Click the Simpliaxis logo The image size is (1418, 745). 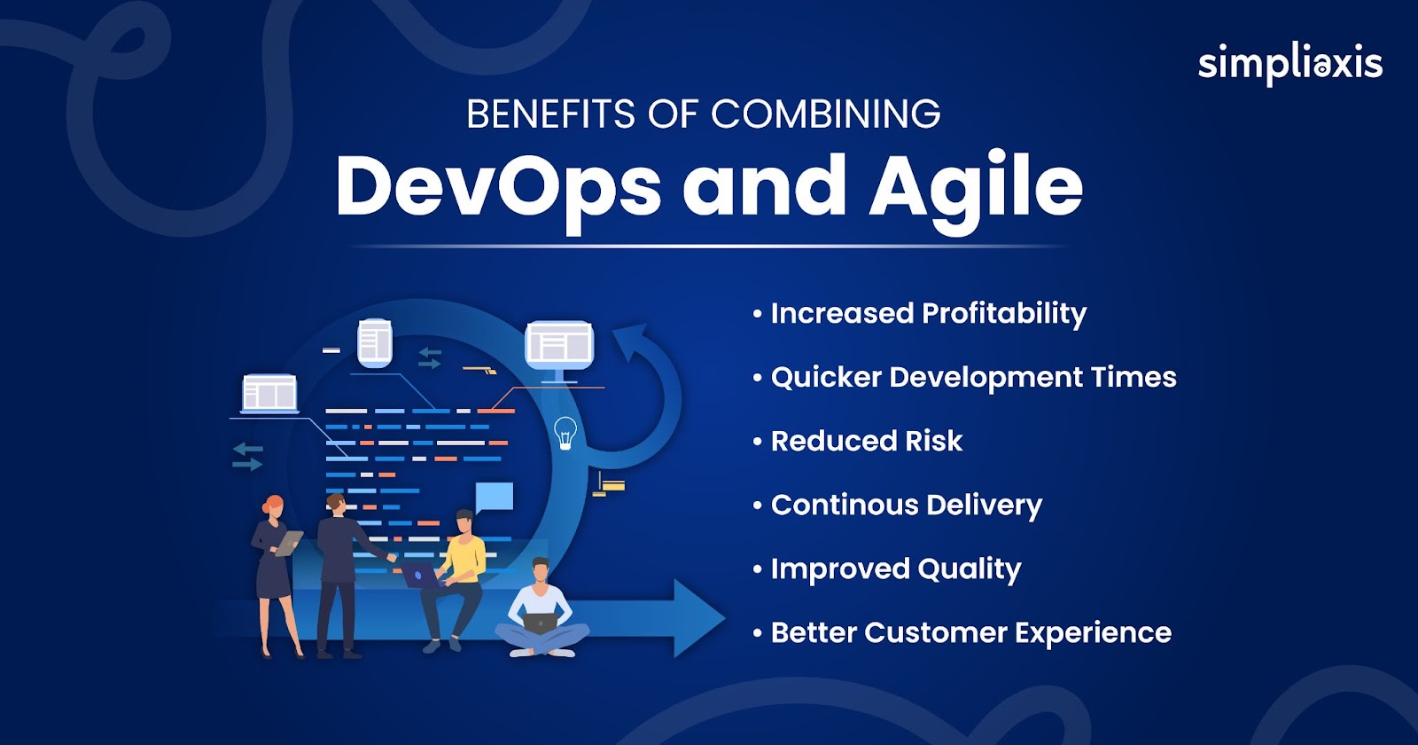click(1290, 64)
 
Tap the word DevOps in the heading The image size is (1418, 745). click(499, 187)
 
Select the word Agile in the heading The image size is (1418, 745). click(976, 187)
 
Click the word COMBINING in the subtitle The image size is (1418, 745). click(825, 114)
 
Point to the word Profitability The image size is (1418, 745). click(1004, 314)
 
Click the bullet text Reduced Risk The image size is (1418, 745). click(867, 441)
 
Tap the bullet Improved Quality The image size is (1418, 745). click(896, 569)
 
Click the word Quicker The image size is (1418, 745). click(826, 378)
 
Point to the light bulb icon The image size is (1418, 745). click(565, 434)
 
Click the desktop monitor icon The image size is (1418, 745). click(559, 351)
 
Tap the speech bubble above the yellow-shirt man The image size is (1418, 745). click(494, 498)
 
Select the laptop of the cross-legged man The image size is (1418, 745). click(540, 623)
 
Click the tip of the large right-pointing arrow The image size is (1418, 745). click(726, 617)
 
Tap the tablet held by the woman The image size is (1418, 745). click(289, 543)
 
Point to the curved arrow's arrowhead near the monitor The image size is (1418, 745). click(633, 342)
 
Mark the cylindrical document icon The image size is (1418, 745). click(375, 342)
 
